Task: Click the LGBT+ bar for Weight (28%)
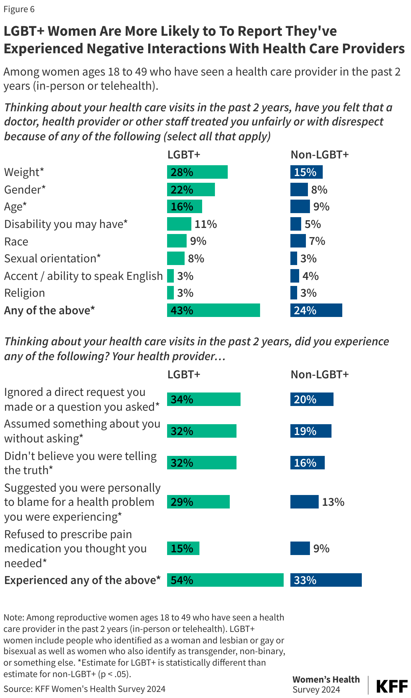(197, 172)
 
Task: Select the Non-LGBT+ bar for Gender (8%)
(299, 190)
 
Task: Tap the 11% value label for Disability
(205, 224)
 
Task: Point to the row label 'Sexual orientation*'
(52, 258)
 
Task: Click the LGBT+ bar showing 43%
(213, 310)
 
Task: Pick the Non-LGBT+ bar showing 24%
(316, 310)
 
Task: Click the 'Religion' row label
(24, 293)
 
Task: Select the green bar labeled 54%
(225, 580)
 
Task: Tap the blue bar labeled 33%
(326, 580)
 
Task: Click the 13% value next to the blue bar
(333, 502)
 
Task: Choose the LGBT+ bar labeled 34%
(203, 399)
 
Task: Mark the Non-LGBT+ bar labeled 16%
(307, 463)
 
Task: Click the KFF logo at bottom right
(391, 686)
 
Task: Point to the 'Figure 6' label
(19, 9)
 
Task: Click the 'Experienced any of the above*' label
(82, 580)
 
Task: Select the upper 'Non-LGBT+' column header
(319, 154)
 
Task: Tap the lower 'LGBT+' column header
(184, 374)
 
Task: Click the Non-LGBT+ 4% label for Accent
(310, 276)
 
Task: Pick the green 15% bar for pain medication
(183, 548)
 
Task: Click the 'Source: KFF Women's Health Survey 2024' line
(84, 689)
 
